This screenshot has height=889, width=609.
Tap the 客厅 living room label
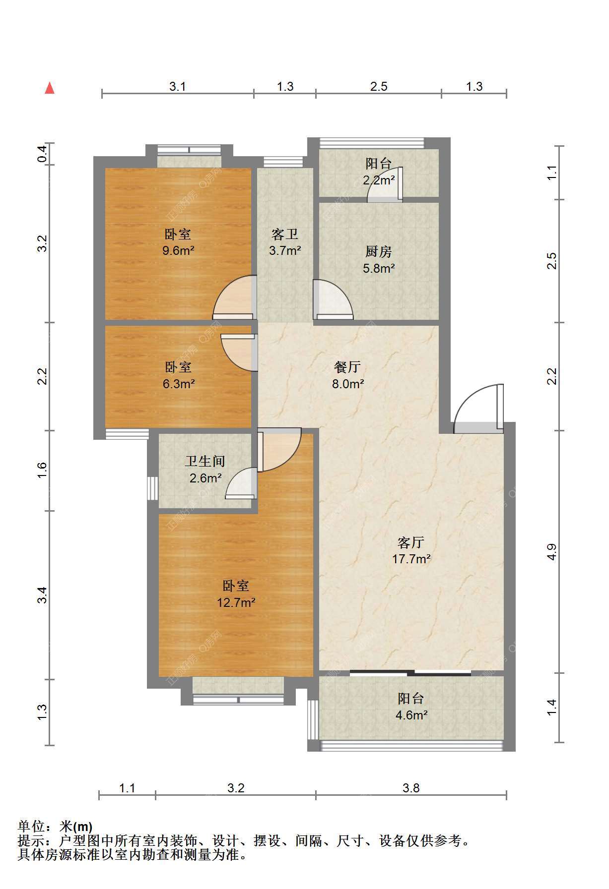point(411,542)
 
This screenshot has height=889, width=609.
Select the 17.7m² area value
point(411,559)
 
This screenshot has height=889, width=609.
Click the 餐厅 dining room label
point(347,367)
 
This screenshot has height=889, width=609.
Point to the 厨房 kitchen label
point(379,251)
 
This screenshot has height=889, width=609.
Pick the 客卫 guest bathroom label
point(285,234)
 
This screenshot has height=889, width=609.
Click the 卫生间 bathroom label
point(205,461)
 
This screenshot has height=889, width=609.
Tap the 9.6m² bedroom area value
point(178,250)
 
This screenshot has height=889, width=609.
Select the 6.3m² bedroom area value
point(178,384)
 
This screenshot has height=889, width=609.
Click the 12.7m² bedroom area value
point(236,603)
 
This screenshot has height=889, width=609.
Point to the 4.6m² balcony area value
point(411,715)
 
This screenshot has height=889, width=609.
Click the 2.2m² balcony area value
point(379,180)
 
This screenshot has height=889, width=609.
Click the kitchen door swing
point(333,300)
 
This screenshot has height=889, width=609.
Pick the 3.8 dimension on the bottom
point(411,788)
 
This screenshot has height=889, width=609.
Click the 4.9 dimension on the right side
point(552,552)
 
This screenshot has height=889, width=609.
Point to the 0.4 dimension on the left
point(43,154)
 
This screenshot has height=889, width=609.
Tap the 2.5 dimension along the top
point(379,86)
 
